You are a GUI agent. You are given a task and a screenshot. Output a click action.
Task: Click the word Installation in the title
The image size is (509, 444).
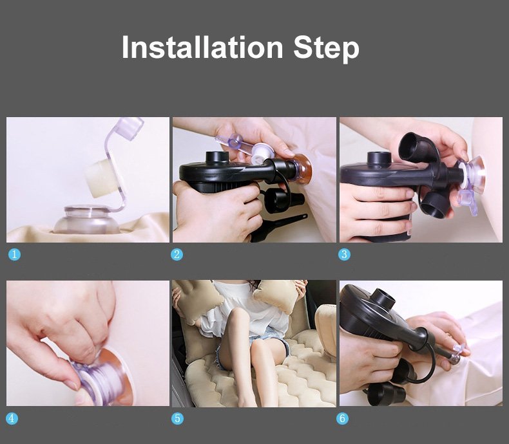(202, 48)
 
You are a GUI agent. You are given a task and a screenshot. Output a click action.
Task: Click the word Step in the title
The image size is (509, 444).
(326, 49)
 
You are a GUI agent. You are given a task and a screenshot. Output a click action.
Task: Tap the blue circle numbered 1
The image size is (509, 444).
(14, 254)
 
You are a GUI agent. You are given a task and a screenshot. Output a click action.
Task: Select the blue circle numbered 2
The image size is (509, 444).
(177, 254)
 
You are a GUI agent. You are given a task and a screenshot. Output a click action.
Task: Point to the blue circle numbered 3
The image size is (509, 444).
(344, 254)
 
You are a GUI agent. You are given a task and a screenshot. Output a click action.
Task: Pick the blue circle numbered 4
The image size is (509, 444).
(12, 418)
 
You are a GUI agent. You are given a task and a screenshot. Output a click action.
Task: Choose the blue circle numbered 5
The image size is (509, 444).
(178, 418)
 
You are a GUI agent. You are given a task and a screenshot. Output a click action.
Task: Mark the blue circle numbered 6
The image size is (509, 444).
(343, 418)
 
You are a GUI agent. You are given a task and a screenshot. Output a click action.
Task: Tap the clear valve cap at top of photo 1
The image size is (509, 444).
(128, 128)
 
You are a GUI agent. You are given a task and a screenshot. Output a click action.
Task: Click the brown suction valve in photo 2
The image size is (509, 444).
(302, 169)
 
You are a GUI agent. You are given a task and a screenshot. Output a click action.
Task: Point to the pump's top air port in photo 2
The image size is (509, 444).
(218, 158)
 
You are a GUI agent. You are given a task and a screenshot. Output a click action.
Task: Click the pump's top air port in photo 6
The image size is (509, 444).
(383, 300)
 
